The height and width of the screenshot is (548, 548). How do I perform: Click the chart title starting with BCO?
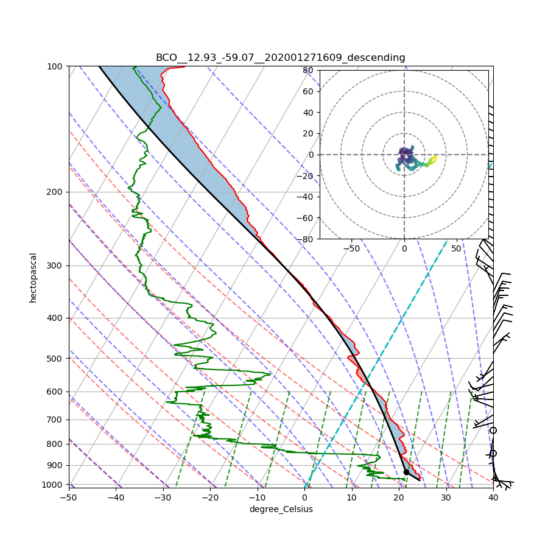[x=280, y=58]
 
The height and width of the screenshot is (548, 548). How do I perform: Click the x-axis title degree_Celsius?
[x=281, y=509]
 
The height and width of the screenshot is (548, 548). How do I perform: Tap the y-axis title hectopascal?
[x=33, y=278]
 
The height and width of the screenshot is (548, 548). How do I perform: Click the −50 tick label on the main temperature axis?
[x=69, y=498]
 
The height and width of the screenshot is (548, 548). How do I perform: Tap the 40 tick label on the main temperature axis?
[x=493, y=498]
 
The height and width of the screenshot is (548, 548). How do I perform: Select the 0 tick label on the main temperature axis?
[x=304, y=498]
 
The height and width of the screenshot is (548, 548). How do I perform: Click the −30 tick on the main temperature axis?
[x=163, y=498]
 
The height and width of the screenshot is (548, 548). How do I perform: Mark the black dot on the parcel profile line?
[x=406, y=472]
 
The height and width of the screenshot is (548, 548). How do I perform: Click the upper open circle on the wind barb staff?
[x=493, y=430]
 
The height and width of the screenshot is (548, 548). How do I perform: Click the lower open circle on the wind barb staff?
[x=493, y=454]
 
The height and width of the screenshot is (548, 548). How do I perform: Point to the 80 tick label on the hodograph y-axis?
[x=308, y=71]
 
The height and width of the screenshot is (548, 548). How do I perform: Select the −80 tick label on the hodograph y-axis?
[x=306, y=239]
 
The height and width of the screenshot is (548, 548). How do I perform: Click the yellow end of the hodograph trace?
[x=434, y=158]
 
